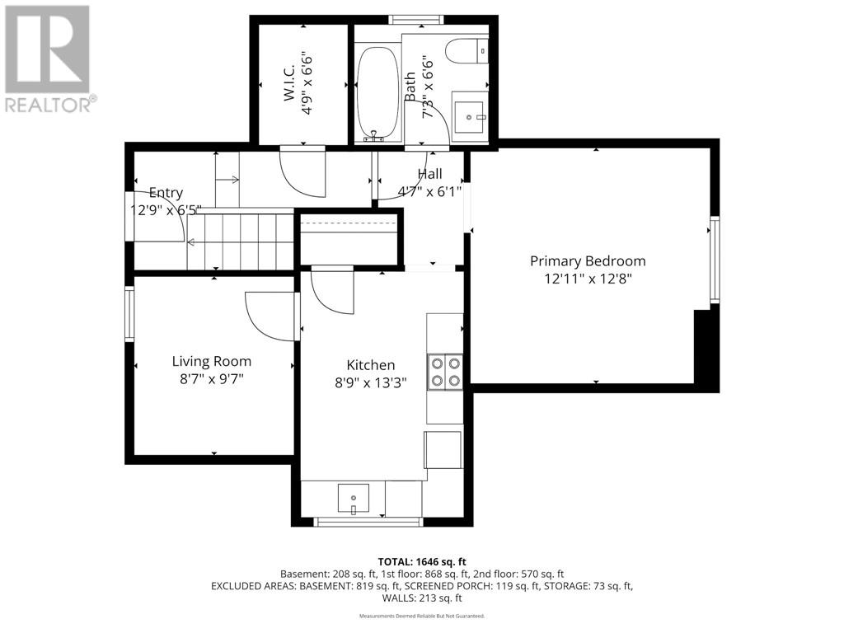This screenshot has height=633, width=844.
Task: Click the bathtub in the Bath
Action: (x=377, y=92)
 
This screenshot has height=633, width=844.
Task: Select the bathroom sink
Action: (x=469, y=115)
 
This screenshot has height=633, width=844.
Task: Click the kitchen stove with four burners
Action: (x=445, y=372)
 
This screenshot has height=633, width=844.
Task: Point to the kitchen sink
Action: (x=354, y=498)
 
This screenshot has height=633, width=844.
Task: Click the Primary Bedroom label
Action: (x=588, y=261)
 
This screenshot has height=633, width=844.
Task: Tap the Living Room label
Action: (x=212, y=361)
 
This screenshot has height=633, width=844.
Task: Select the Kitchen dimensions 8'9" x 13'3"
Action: (x=370, y=382)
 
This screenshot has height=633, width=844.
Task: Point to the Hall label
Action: (x=429, y=174)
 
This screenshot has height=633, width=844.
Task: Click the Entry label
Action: (x=166, y=193)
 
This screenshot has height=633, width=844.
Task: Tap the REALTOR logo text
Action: (x=51, y=104)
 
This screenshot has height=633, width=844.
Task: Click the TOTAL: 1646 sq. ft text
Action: (x=422, y=562)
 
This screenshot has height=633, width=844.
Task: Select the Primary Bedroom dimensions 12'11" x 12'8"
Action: (x=588, y=279)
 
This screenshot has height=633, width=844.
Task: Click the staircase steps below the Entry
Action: (x=241, y=241)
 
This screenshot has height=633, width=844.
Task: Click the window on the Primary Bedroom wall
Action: (x=715, y=260)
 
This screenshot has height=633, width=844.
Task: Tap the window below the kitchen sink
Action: (x=368, y=522)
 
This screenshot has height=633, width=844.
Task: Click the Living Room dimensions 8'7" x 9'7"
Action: (x=212, y=379)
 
